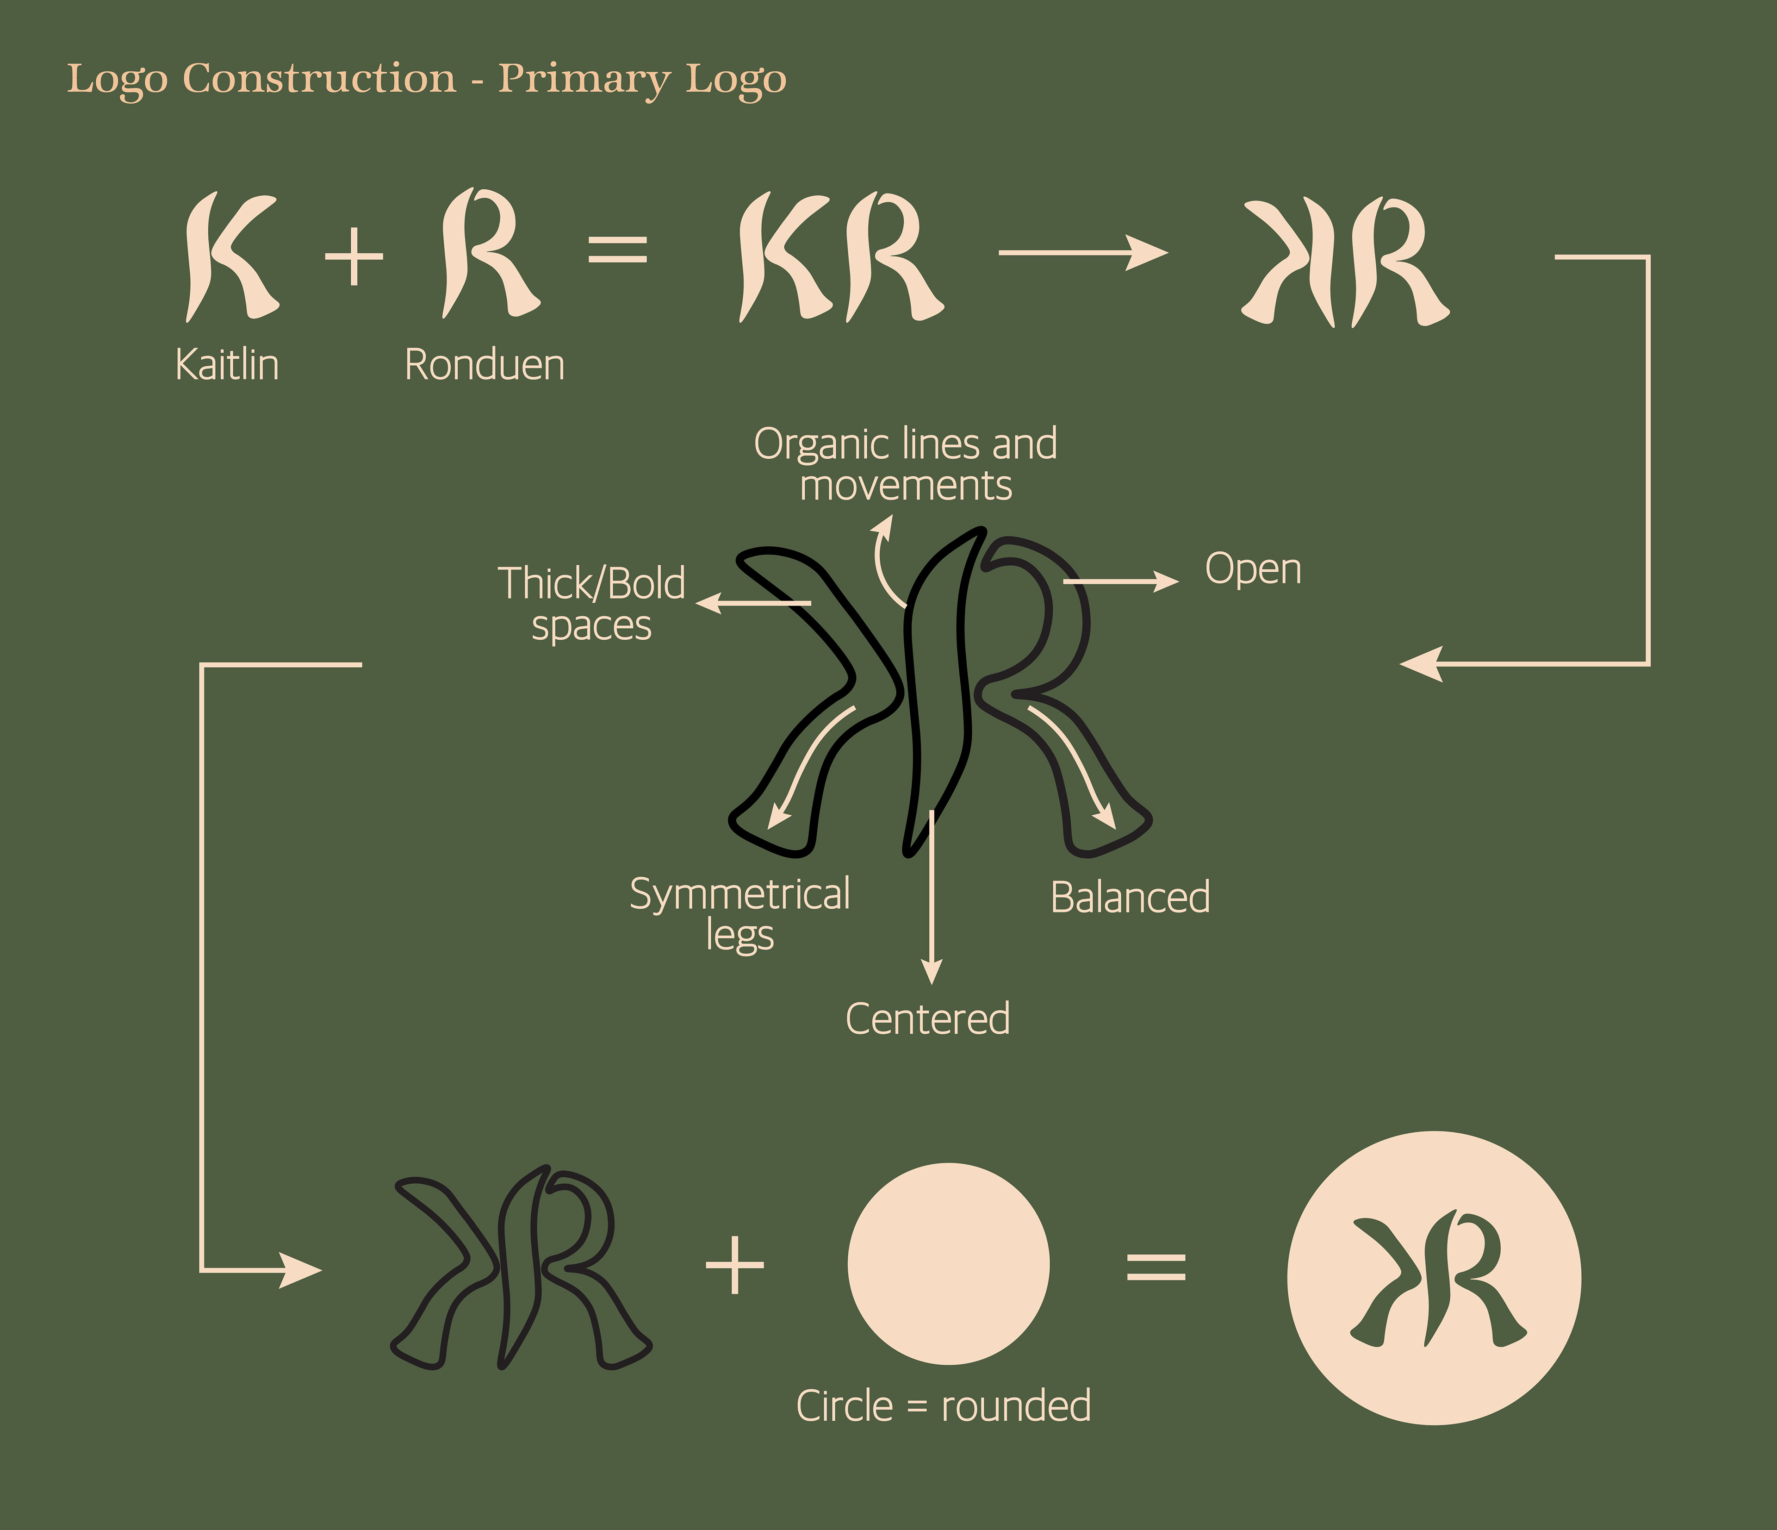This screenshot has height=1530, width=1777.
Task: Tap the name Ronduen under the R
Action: click(485, 365)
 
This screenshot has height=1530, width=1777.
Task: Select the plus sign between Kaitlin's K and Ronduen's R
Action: click(354, 256)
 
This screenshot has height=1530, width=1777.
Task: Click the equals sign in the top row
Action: click(617, 250)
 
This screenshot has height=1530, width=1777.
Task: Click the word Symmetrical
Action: click(739, 894)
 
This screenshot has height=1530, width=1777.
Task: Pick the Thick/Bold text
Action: click(592, 583)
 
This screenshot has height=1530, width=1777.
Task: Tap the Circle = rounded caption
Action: click(944, 1405)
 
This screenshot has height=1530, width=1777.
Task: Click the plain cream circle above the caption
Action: click(949, 1263)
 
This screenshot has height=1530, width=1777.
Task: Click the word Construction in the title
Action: click(319, 79)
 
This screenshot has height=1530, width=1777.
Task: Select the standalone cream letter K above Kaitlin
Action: click(230, 256)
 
